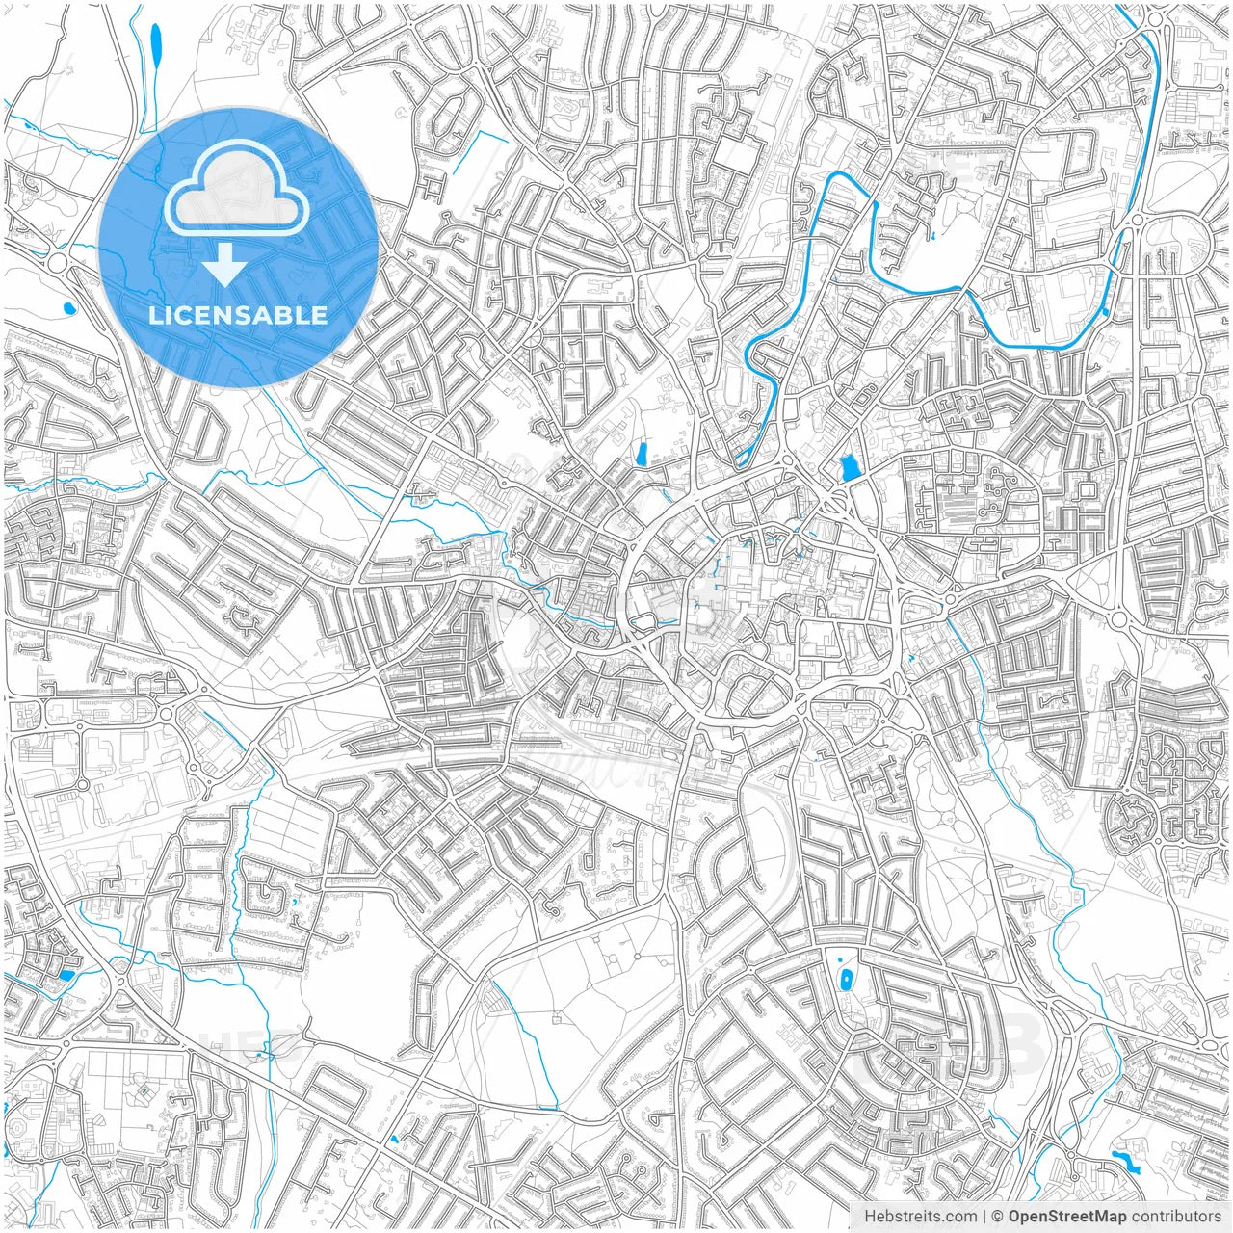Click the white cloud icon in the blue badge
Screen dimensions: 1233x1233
[x=237, y=196]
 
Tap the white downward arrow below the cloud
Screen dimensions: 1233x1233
[x=225, y=266]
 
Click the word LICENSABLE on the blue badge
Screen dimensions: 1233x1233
[x=238, y=315]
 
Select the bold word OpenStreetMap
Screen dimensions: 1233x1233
[x=1067, y=1217]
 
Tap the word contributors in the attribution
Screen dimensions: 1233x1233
[x=1176, y=1217]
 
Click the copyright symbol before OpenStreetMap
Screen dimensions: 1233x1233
[x=999, y=1217]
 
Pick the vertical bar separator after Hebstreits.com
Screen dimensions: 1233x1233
[x=984, y=1217]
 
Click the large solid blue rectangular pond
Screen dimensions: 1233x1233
[x=849, y=469]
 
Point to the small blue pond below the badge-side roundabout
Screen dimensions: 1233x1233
[x=67, y=309]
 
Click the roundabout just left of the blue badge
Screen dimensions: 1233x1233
[x=59, y=263]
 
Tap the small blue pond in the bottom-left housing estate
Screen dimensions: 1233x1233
[x=66, y=975]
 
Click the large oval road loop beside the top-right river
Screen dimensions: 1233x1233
[x=1175, y=242]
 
